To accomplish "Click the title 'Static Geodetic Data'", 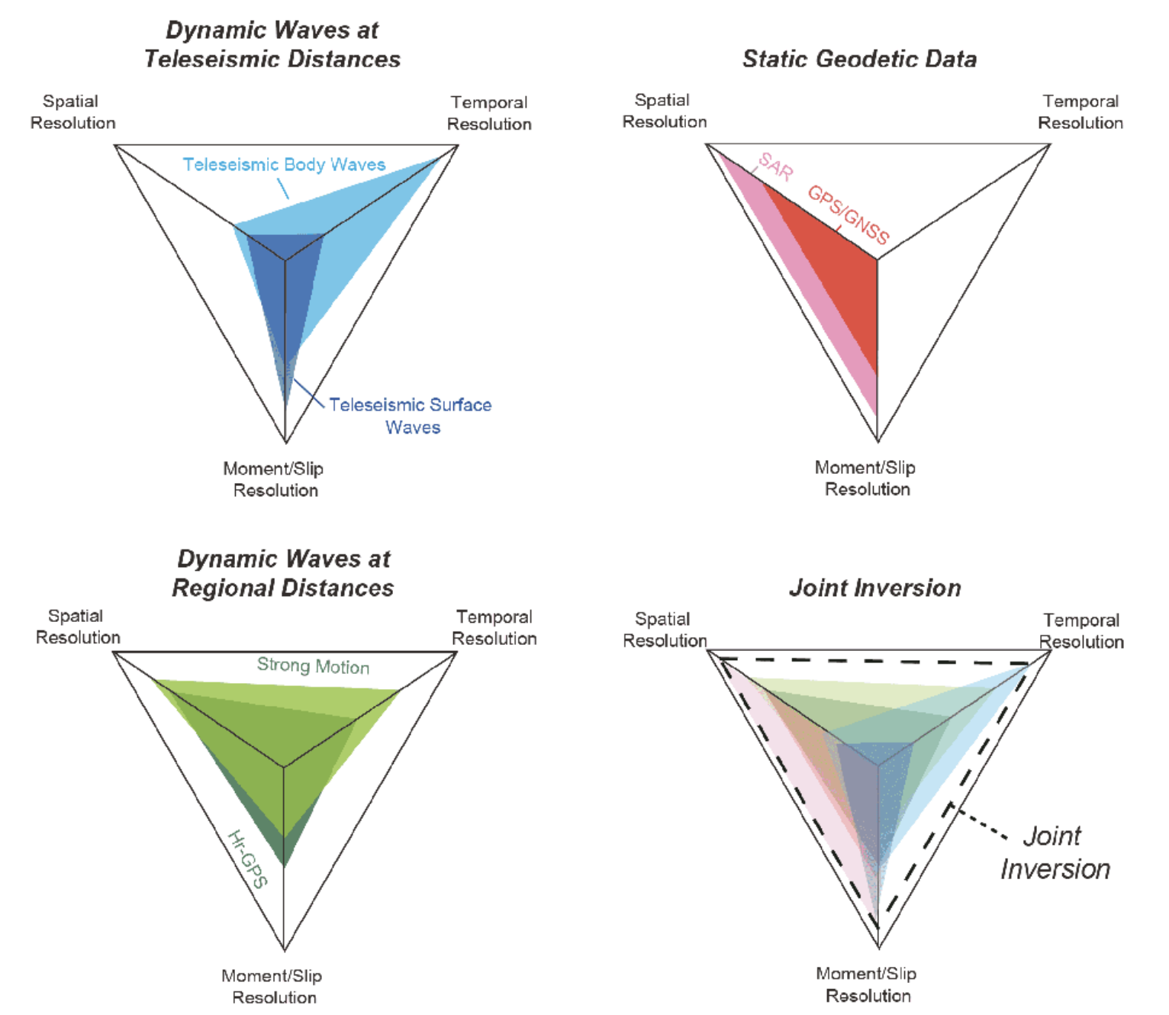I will pos(859,59).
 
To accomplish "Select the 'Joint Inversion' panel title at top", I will pos(874,588).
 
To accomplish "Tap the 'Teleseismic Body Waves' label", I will pos(284,164).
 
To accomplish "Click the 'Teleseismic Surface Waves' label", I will pos(411,415).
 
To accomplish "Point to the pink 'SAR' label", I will pos(775,166).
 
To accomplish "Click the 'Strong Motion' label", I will pos(313,665).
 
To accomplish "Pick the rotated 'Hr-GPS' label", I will pos(248,859).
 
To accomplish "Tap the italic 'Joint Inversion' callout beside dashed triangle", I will pos(1055,852).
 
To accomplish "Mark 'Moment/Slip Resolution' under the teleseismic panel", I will pos(274,479).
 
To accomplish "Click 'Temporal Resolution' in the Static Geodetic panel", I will pos(1080,111).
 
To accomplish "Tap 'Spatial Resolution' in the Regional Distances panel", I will pos(77,627).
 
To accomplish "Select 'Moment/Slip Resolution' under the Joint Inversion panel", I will pos(867,984).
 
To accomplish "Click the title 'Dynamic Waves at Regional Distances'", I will pos(283,573).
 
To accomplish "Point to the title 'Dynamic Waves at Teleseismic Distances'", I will pos(272,44).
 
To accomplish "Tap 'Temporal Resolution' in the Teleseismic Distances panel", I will pos(489,113).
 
